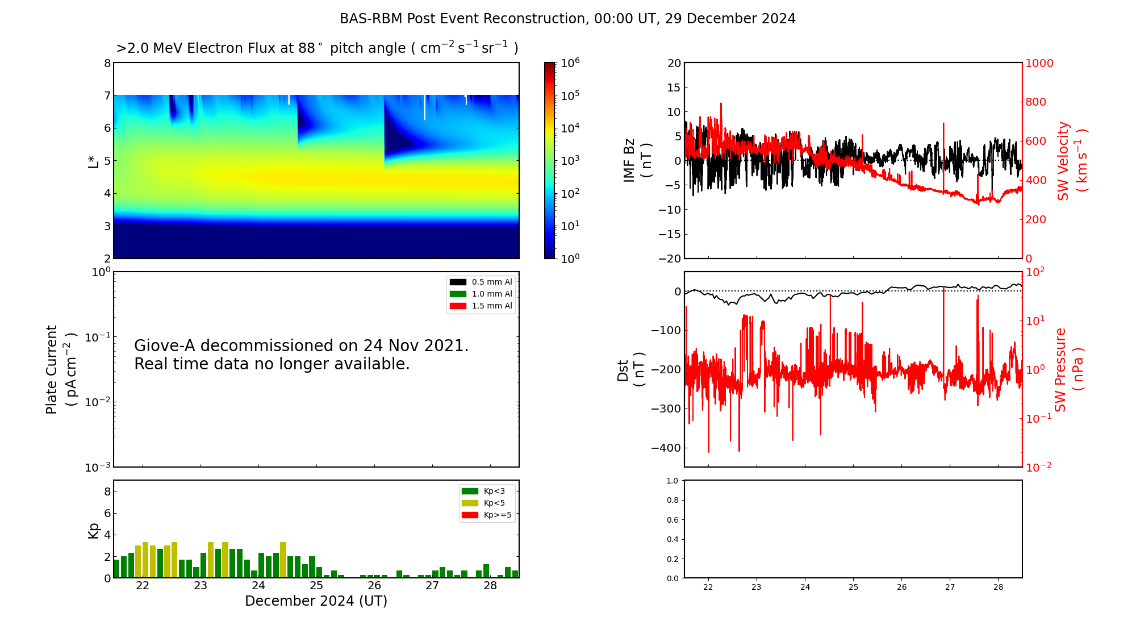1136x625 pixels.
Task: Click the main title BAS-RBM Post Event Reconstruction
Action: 567,19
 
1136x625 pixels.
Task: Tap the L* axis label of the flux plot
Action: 93,161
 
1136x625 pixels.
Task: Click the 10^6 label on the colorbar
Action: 570,63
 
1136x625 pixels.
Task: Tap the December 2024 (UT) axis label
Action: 316,601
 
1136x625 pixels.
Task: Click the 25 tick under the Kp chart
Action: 316,586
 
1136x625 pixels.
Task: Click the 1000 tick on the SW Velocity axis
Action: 1039,63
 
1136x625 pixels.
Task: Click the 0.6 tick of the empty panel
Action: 672,520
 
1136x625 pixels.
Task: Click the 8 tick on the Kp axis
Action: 107,491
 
